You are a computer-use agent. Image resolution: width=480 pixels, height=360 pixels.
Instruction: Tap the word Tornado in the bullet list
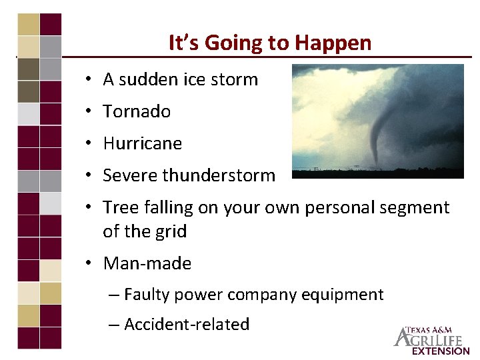(x=137, y=111)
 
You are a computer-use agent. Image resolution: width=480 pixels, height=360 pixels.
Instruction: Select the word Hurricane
(x=142, y=143)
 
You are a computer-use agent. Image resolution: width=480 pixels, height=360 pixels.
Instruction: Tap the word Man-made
(x=147, y=263)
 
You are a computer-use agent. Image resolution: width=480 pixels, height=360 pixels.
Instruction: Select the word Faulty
(x=146, y=295)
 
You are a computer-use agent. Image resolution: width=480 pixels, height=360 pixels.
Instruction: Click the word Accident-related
(x=187, y=325)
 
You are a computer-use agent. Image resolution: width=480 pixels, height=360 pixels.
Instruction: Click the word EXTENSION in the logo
(x=441, y=351)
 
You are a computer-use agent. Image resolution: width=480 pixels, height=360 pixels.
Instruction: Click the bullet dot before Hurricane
(x=89, y=144)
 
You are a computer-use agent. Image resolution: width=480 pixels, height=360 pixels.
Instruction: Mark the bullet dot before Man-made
(x=89, y=264)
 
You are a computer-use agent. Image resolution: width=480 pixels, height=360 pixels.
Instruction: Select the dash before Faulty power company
(x=114, y=295)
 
